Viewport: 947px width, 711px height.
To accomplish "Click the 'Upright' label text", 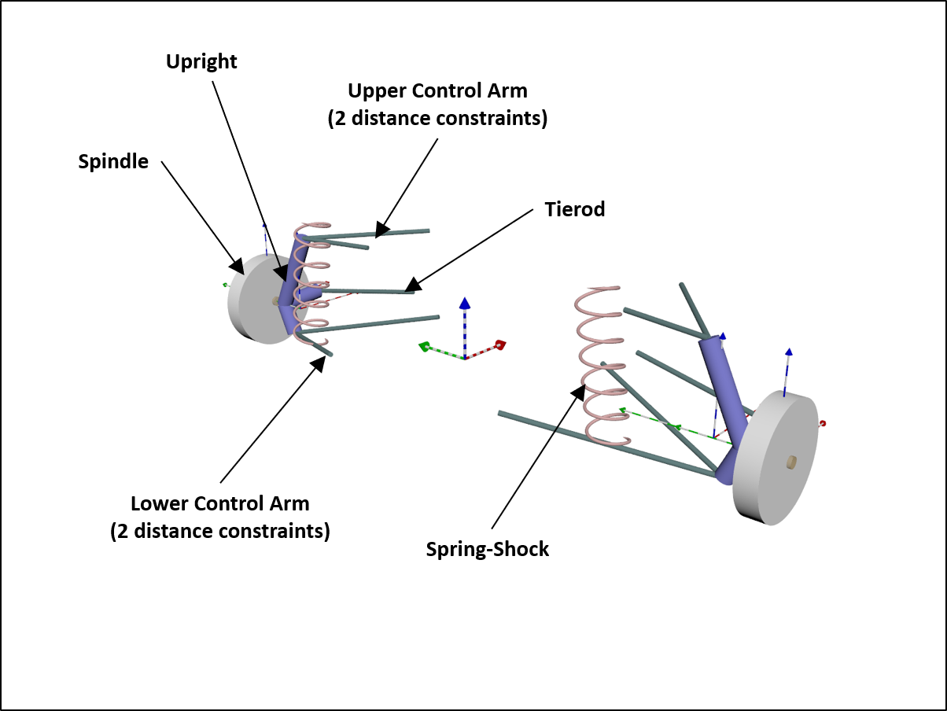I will click(201, 62).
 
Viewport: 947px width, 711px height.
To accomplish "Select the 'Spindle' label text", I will click(113, 161).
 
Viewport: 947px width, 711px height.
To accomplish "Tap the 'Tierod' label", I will click(575, 209).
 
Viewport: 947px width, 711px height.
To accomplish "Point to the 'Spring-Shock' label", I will click(488, 549).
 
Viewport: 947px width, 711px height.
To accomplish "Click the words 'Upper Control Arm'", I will click(437, 90).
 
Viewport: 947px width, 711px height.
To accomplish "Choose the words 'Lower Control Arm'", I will click(220, 503).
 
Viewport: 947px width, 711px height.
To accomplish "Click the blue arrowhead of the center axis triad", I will click(465, 303).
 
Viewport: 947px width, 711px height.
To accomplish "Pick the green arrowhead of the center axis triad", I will click(424, 345).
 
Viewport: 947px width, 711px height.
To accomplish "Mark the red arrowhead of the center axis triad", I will click(499, 344).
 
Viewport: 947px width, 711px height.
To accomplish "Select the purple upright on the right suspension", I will click(728, 401).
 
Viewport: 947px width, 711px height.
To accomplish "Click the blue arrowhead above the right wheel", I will click(788, 352).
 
